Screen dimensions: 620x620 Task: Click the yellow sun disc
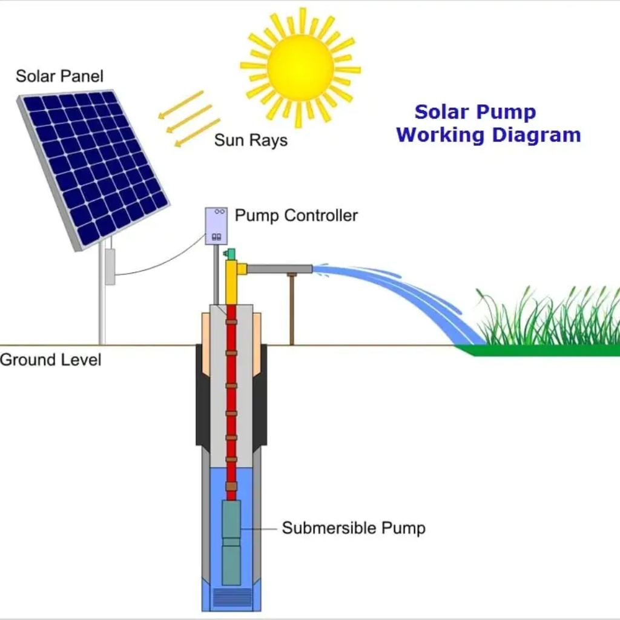pos(300,67)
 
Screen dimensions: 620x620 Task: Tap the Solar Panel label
pos(59,76)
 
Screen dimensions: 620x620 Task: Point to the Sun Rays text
pos(251,141)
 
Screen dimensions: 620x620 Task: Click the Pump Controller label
pos(296,216)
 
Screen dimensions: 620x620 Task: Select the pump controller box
pos(216,226)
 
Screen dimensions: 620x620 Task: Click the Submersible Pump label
pos(354,528)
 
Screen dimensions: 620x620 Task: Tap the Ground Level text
pos(50,360)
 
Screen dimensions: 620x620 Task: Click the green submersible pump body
pos(231,542)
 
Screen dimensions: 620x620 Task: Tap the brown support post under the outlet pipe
pos(292,309)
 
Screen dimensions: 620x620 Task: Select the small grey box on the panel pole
pos(110,266)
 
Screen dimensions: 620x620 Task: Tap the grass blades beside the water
pos(545,321)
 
